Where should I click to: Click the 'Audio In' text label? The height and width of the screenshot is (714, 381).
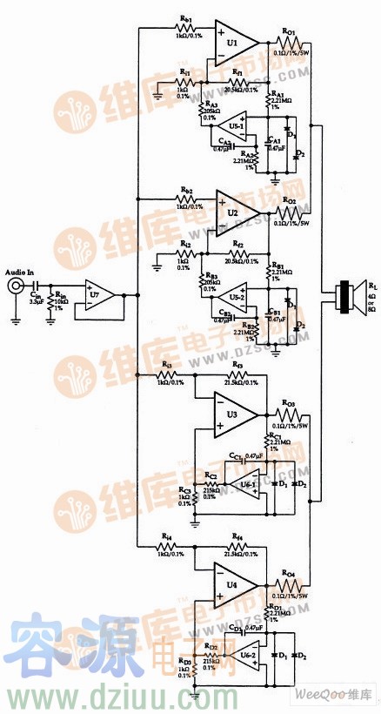tap(18, 273)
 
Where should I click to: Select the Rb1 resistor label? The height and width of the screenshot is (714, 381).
tap(185, 19)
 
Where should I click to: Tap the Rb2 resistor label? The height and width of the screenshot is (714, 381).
tap(185, 189)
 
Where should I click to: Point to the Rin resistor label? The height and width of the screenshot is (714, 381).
tap(62, 295)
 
